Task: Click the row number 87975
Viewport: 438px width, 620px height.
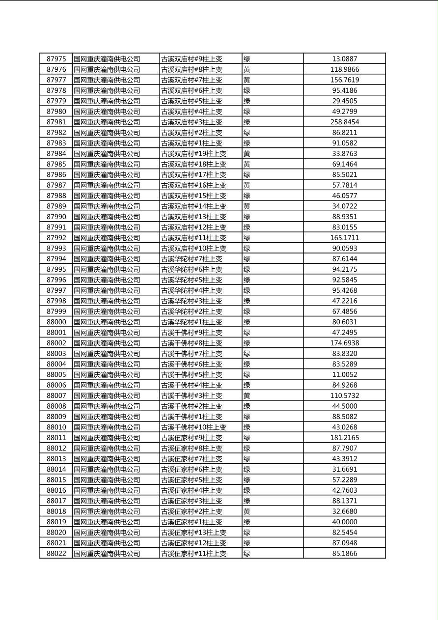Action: (x=56, y=59)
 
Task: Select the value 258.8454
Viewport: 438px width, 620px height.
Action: (x=344, y=122)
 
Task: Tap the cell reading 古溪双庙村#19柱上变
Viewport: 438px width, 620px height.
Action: (x=193, y=153)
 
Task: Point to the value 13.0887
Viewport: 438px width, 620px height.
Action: (x=344, y=59)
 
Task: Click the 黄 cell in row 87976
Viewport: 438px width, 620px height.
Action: (x=247, y=69)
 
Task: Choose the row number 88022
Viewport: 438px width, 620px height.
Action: (x=56, y=553)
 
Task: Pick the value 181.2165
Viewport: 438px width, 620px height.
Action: (x=344, y=438)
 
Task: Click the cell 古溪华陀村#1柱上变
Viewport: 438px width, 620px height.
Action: (x=192, y=322)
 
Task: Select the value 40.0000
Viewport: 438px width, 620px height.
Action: (x=344, y=522)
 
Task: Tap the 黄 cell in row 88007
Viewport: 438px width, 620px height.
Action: (x=247, y=395)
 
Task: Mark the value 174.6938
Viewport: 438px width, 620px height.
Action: (x=344, y=343)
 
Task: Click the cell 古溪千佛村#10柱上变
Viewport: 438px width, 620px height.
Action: (x=193, y=427)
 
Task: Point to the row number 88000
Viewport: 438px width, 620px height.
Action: (x=56, y=322)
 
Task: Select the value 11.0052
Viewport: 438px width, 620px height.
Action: (x=344, y=374)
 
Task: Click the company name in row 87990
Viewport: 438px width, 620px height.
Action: (x=107, y=217)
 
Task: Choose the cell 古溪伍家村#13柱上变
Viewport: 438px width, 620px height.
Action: (x=193, y=532)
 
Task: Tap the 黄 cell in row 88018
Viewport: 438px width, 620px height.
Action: (x=247, y=511)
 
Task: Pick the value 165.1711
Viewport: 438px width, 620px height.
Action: (x=344, y=238)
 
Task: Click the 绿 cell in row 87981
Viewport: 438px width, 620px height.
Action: (x=247, y=122)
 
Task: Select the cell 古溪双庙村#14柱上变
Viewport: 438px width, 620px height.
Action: (x=193, y=206)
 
